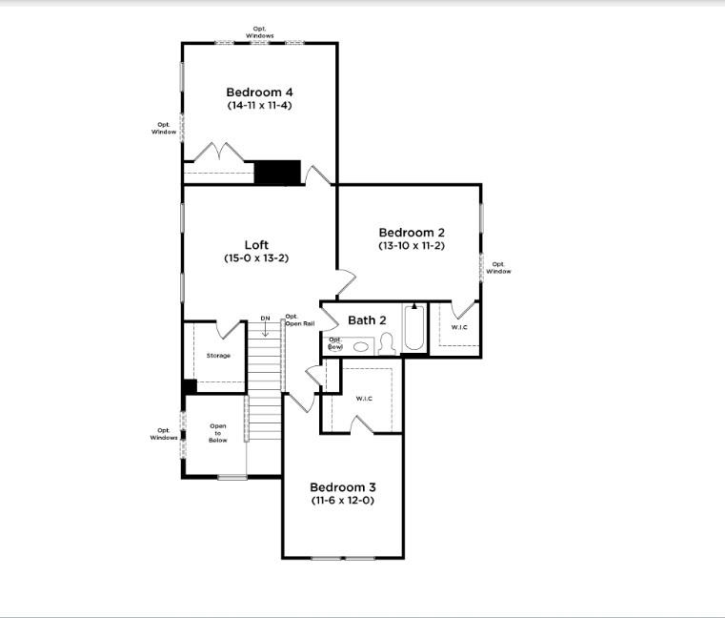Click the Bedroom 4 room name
click(x=259, y=92)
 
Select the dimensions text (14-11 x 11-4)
click(x=259, y=105)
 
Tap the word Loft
click(x=256, y=245)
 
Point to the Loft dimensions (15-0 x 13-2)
click(x=256, y=258)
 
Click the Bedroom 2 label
click(x=412, y=232)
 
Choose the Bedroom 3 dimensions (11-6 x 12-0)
click(x=342, y=500)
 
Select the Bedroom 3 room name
click(x=342, y=485)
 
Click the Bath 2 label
click(x=367, y=320)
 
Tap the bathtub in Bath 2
click(x=414, y=329)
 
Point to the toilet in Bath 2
click(x=387, y=345)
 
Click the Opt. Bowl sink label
click(x=335, y=343)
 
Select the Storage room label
click(x=218, y=356)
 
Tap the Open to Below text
click(x=218, y=433)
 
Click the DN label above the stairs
click(x=266, y=319)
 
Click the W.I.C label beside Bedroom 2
click(x=459, y=328)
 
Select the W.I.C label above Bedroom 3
click(x=363, y=398)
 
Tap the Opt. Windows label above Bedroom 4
click(x=260, y=32)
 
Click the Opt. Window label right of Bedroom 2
click(x=498, y=267)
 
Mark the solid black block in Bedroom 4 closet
click(x=277, y=173)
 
